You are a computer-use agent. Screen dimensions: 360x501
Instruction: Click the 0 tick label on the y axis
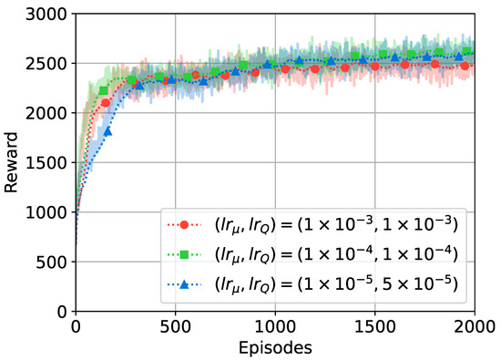64,312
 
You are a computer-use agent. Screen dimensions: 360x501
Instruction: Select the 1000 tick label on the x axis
274,325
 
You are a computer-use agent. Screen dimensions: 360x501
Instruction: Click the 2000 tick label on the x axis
474,325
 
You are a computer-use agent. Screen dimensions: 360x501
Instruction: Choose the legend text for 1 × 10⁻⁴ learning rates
338,255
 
